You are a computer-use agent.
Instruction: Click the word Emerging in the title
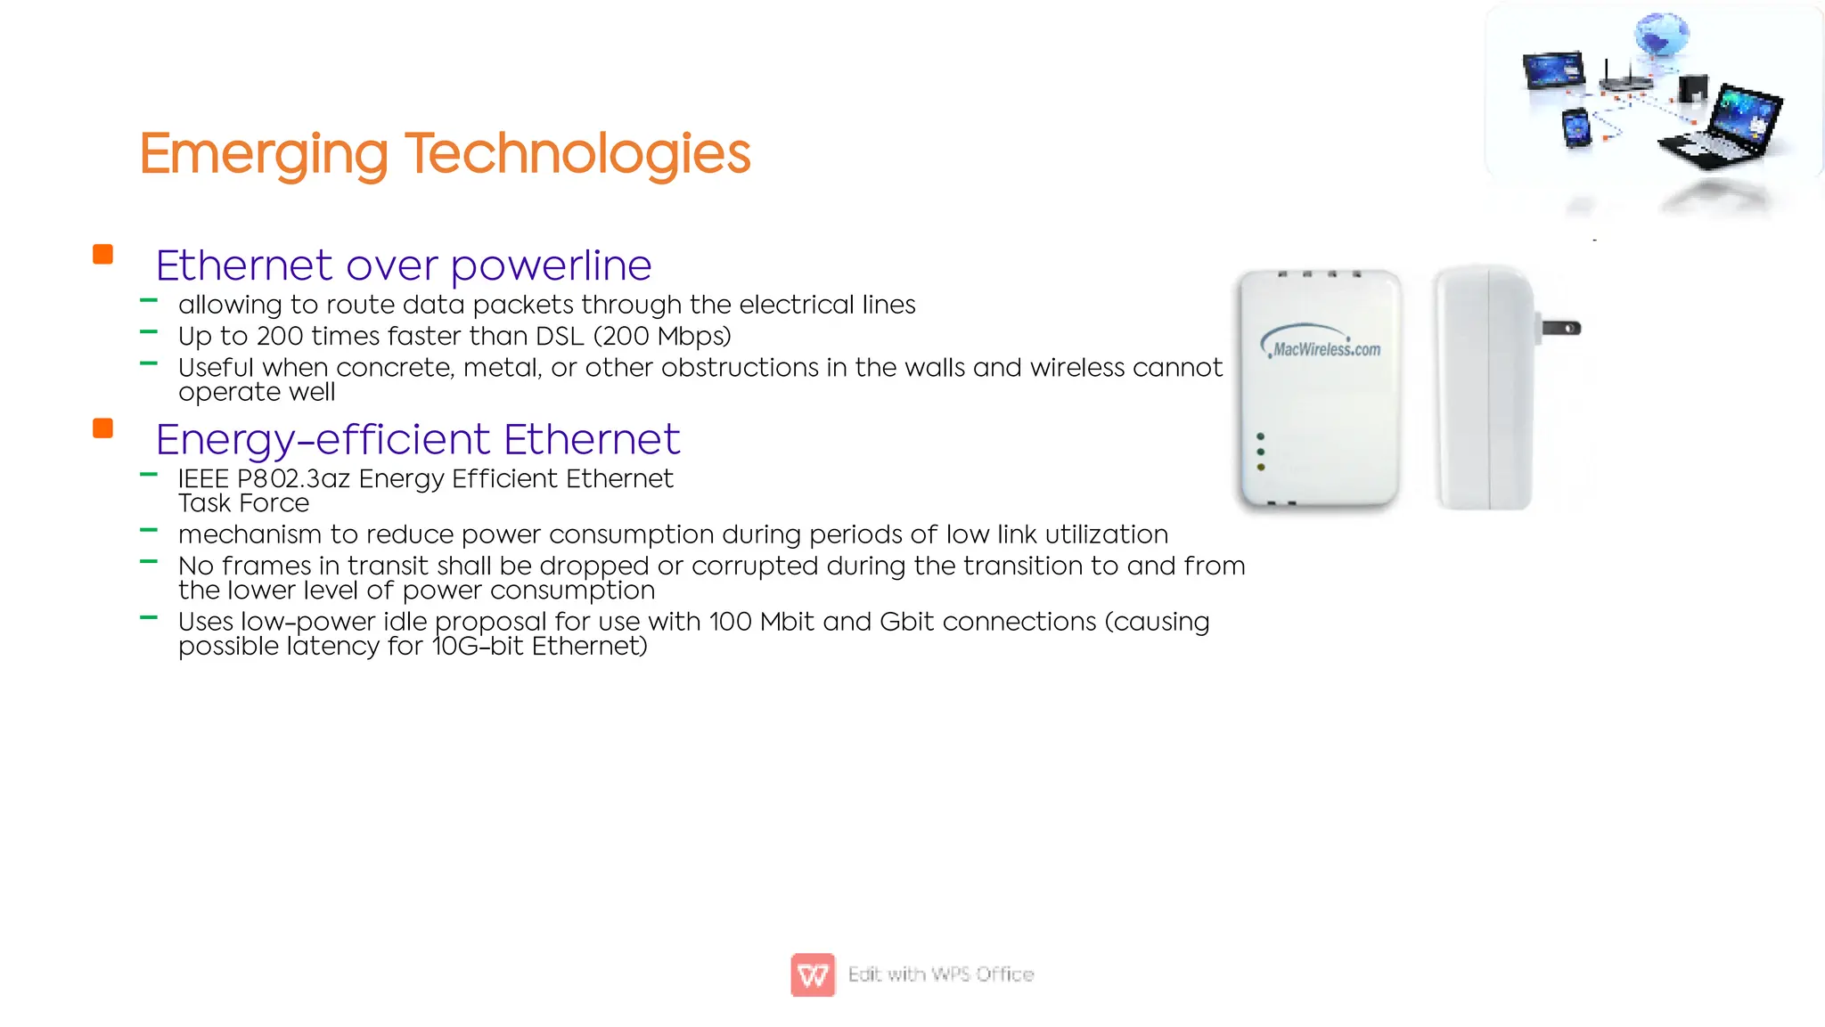264,154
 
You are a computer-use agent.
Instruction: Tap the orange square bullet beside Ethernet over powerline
103,255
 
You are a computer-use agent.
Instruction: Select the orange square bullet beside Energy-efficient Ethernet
103,428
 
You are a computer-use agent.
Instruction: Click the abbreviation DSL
560,337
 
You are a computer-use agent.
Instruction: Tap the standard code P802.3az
293,479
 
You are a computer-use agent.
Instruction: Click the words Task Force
243,503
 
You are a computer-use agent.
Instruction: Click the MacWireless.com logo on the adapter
1323,346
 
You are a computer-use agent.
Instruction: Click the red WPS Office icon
813,974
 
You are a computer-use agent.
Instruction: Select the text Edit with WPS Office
941,974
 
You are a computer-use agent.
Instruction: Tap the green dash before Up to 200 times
149,332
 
